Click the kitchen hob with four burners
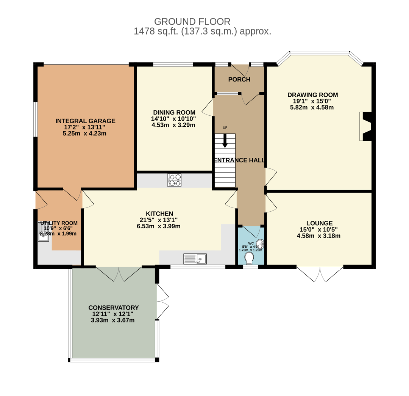[174, 180]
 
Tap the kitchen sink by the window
[195, 259]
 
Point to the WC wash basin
[260, 244]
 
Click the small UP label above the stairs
[225, 128]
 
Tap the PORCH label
[239, 79]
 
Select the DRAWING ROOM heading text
[312, 95]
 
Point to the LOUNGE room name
[319, 223]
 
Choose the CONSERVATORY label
[114, 308]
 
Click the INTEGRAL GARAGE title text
[85, 121]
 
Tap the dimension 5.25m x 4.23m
[84, 134]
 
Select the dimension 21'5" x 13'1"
[159, 220]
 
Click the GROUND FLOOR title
[192, 21]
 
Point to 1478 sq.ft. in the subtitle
[156, 31]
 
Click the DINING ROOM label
[174, 112]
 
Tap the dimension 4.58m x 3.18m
[318, 236]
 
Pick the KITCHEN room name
[159, 214]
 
